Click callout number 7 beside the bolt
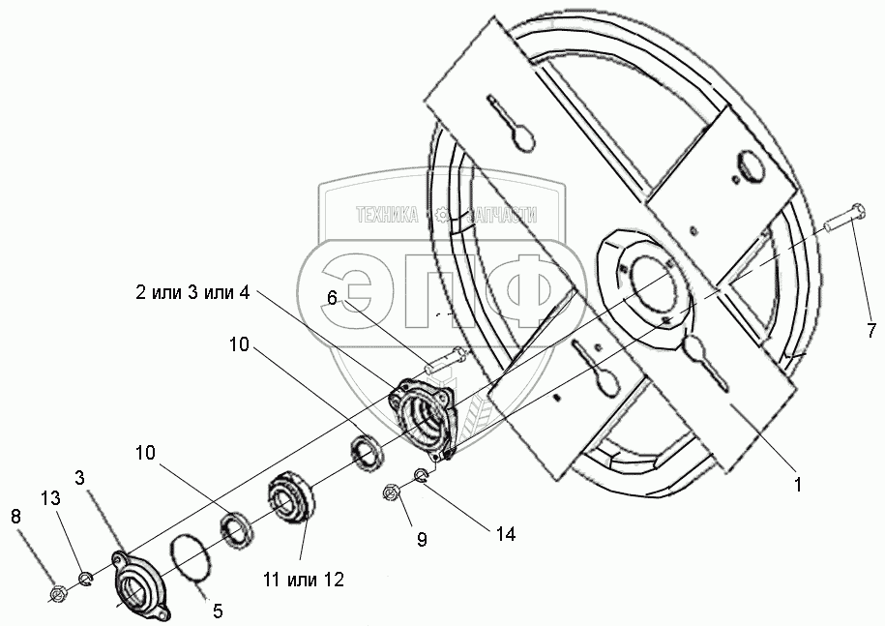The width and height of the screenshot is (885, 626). (x=870, y=331)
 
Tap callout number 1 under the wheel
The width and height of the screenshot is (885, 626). (x=797, y=486)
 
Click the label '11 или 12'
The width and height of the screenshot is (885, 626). (x=300, y=580)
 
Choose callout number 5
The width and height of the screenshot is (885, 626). (x=218, y=611)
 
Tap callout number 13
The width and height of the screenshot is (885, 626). (x=49, y=497)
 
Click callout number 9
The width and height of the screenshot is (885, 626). (x=423, y=540)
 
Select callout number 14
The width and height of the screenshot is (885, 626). (x=504, y=533)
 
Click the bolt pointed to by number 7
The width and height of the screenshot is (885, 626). (x=844, y=219)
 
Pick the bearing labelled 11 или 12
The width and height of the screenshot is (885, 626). (x=287, y=497)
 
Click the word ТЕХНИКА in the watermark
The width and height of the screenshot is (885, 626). (x=387, y=217)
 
